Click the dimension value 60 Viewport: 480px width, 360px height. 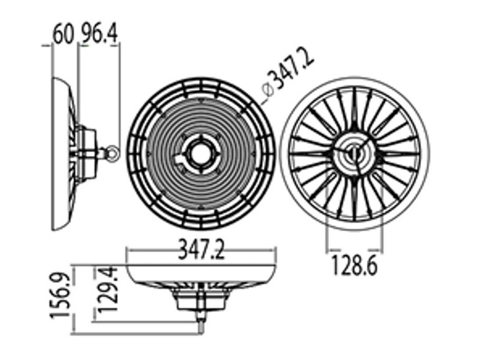point(64,34)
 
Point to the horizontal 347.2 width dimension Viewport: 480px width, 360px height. point(201,250)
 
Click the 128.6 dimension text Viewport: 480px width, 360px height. point(354,265)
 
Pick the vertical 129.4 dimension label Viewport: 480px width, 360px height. point(107,289)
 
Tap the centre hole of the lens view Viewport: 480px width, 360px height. point(201,153)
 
